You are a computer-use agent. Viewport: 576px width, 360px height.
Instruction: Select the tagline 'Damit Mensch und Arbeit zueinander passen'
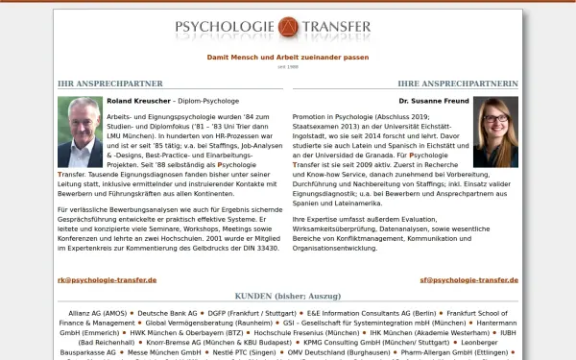point(288,57)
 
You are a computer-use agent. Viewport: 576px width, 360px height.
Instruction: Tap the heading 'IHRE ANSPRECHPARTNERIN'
point(458,84)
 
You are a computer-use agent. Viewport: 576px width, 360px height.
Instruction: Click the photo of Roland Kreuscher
point(80,132)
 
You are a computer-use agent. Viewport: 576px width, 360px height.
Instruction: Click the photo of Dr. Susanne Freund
point(495,132)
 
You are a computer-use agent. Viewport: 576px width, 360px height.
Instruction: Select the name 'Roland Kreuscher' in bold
point(138,100)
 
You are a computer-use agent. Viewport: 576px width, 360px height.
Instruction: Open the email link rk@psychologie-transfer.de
point(107,279)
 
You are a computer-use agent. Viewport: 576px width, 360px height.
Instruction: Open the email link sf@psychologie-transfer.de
point(468,279)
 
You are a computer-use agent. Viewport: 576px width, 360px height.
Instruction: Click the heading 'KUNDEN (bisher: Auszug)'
point(288,297)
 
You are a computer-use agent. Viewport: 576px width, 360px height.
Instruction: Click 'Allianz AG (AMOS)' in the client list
point(97,313)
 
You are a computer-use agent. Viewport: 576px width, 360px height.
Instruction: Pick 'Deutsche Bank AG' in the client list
point(169,313)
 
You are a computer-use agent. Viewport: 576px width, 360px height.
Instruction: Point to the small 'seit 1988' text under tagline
point(288,66)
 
